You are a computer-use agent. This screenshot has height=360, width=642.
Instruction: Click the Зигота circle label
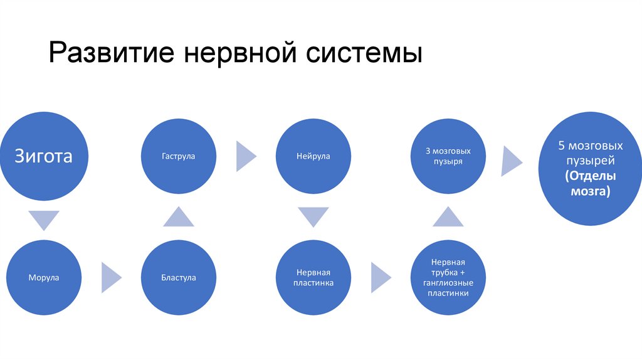[44, 156]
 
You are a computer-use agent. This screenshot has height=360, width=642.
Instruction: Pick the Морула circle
[44, 277]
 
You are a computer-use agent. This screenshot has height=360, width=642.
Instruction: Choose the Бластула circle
[178, 277]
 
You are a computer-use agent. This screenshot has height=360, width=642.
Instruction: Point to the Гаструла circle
[178, 156]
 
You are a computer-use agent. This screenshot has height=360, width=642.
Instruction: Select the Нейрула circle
[313, 156]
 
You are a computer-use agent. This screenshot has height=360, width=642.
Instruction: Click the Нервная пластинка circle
[313, 278]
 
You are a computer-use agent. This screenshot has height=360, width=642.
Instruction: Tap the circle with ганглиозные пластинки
[448, 277]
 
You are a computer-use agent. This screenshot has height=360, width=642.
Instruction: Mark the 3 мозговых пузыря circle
[448, 156]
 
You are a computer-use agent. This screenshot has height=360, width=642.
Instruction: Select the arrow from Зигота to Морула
[44, 220]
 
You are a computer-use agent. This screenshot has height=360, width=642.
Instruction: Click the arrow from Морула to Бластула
[111, 277]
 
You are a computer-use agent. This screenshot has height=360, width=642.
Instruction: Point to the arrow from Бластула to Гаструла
[178, 217]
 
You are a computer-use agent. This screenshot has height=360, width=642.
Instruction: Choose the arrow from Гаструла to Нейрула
[245, 156]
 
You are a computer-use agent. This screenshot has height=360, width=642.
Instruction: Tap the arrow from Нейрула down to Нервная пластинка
[313, 217]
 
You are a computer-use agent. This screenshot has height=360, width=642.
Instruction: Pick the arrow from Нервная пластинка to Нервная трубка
[381, 277]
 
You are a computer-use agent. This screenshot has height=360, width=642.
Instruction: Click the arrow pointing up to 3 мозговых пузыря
[448, 217]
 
